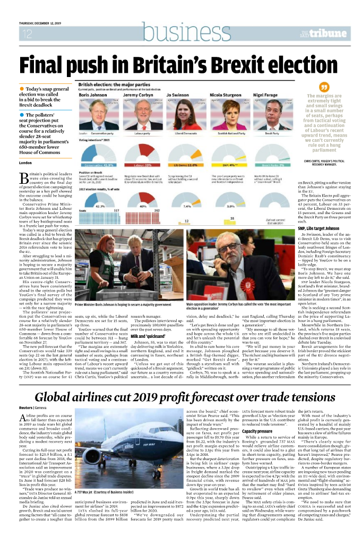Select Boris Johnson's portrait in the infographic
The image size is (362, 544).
pos(91,115)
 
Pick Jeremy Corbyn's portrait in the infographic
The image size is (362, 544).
pos(137,115)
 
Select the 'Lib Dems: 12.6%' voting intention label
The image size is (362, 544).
pos(186,150)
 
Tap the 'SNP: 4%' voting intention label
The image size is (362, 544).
pos(231,150)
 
